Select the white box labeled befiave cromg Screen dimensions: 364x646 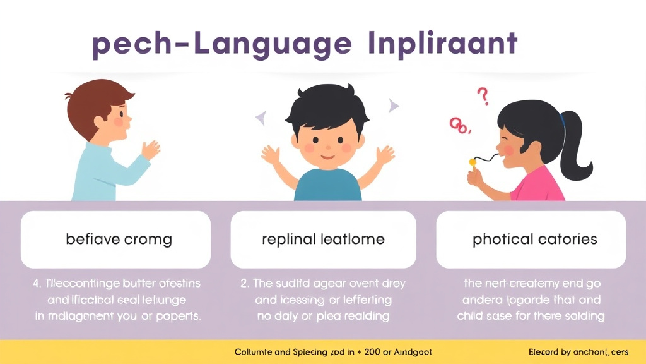(115, 240)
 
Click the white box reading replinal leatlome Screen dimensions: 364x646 (323, 240)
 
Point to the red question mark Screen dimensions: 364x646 (483, 96)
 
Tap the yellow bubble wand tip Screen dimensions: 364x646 (471, 162)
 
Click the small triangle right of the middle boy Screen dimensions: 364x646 (394, 106)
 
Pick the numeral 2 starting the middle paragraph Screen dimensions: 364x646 (244, 284)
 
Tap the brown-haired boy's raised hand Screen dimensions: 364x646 (151, 150)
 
